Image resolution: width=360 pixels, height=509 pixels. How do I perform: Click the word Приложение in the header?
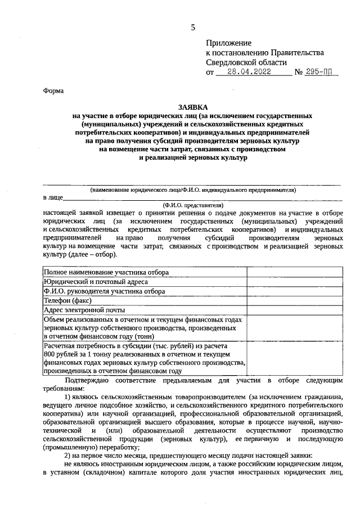[229, 43]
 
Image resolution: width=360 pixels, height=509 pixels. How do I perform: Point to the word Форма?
[53, 91]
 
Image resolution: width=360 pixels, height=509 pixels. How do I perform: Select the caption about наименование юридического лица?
[193, 190]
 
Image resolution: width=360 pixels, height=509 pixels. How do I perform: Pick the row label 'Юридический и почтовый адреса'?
[96, 282]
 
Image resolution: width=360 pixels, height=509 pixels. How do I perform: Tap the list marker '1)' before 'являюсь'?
[68, 397]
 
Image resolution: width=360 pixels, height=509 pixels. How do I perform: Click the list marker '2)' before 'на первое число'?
[68, 456]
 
